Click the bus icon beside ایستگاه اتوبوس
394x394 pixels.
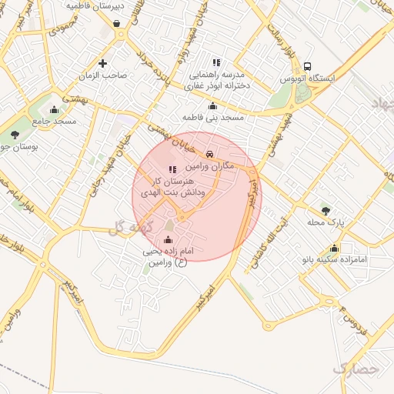coord(308,66)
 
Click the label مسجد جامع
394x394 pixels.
coord(54,122)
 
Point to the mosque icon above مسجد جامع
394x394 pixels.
coord(53,109)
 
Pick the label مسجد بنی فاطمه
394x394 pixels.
coord(212,117)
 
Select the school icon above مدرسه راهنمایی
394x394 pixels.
coord(216,62)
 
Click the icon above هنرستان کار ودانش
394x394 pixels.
coord(172,169)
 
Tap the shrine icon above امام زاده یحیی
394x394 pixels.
coord(169,239)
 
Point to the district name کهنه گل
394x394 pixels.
coord(128,227)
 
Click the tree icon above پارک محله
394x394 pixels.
coord(326,209)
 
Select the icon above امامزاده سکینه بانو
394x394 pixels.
coord(334,248)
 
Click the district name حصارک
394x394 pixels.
coord(356,369)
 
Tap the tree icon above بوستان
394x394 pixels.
coord(15,135)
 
